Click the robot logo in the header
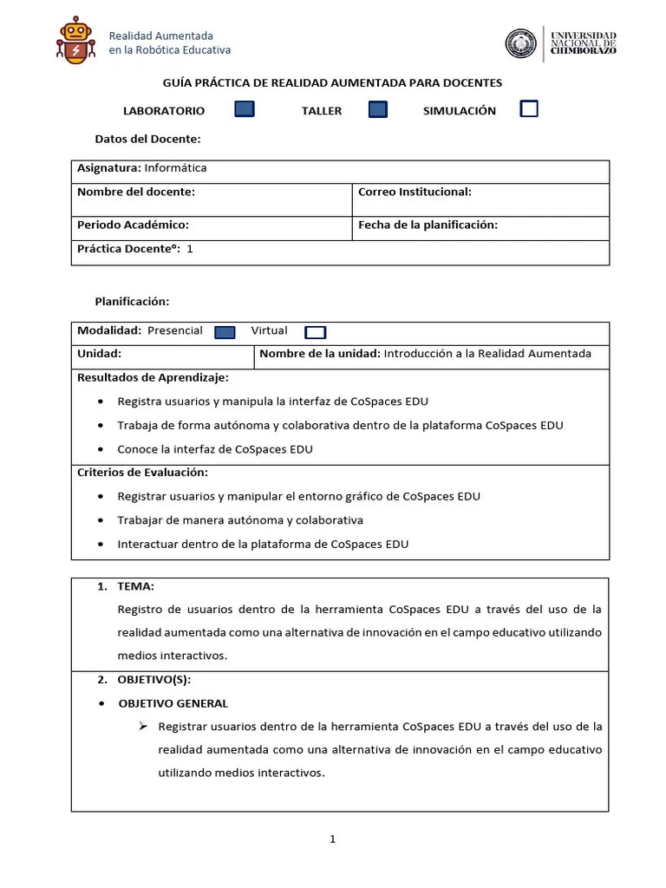click(x=75, y=41)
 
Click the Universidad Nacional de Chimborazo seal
click(x=521, y=43)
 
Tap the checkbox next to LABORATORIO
click(x=245, y=109)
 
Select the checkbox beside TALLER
click(x=377, y=109)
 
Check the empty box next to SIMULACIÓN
click(x=528, y=108)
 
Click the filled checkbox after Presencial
click(x=225, y=332)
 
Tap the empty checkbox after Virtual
click(x=316, y=332)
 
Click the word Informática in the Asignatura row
click(x=175, y=168)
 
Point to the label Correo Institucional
click(x=415, y=192)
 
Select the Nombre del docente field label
click(x=136, y=192)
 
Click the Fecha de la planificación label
click(x=428, y=225)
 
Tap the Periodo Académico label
click(x=133, y=225)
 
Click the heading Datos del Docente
click(x=147, y=139)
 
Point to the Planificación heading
click(x=132, y=301)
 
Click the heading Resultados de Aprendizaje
click(x=153, y=377)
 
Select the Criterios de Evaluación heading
click(x=142, y=473)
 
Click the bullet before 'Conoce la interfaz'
click(x=101, y=450)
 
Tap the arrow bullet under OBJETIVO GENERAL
click(x=144, y=726)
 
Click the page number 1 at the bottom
click(x=332, y=839)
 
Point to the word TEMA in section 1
click(x=135, y=587)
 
